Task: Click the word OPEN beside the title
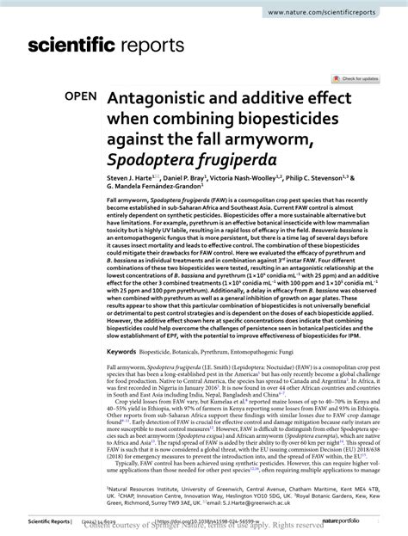pos(76,99)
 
